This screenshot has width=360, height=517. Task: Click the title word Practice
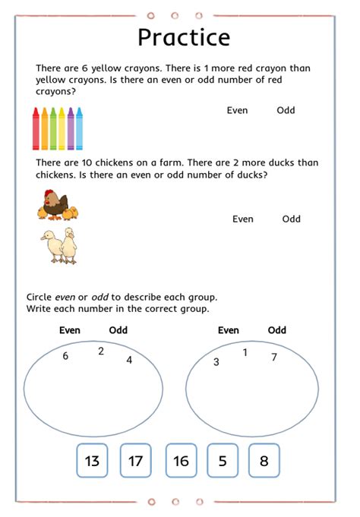click(183, 37)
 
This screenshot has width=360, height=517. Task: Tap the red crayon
click(36, 128)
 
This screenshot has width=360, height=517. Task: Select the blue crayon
click(79, 128)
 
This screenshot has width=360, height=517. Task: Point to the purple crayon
click(71, 128)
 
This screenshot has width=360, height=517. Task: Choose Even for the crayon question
click(237, 111)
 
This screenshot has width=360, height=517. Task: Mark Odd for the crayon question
click(286, 111)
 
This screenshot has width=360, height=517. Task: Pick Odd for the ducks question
click(292, 219)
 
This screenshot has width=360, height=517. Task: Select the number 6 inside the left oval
click(65, 356)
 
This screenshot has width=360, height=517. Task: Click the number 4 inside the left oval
click(129, 360)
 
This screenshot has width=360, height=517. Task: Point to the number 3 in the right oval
click(216, 362)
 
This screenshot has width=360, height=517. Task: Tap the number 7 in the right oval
click(274, 357)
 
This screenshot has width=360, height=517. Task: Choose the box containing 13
click(92, 461)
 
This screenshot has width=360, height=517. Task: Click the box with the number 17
click(136, 461)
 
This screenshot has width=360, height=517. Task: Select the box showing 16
click(181, 461)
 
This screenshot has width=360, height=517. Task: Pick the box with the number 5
click(223, 461)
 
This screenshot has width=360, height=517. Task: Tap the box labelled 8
click(264, 461)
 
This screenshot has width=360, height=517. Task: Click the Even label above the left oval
click(70, 330)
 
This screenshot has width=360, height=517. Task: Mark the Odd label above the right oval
click(277, 330)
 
